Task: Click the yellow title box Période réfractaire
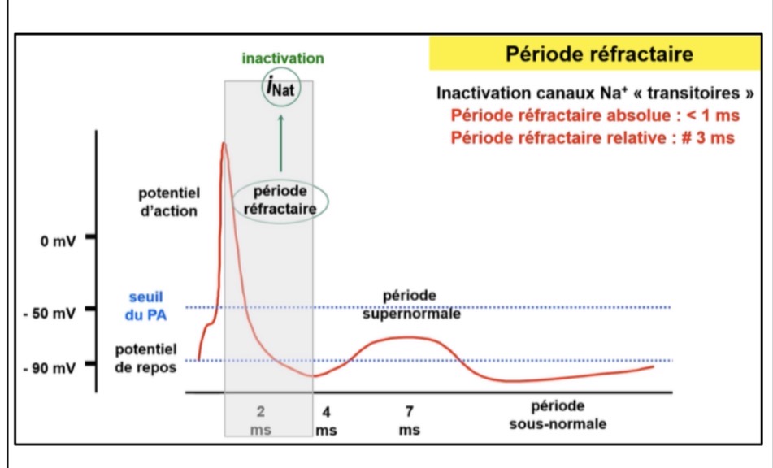point(599,55)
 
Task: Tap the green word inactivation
point(282,58)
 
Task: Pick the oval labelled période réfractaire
point(280,199)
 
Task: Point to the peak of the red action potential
point(222,145)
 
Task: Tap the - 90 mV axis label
point(54,368)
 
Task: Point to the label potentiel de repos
point(145,357)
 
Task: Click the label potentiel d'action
point(169,201)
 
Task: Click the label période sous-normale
point(558,414)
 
